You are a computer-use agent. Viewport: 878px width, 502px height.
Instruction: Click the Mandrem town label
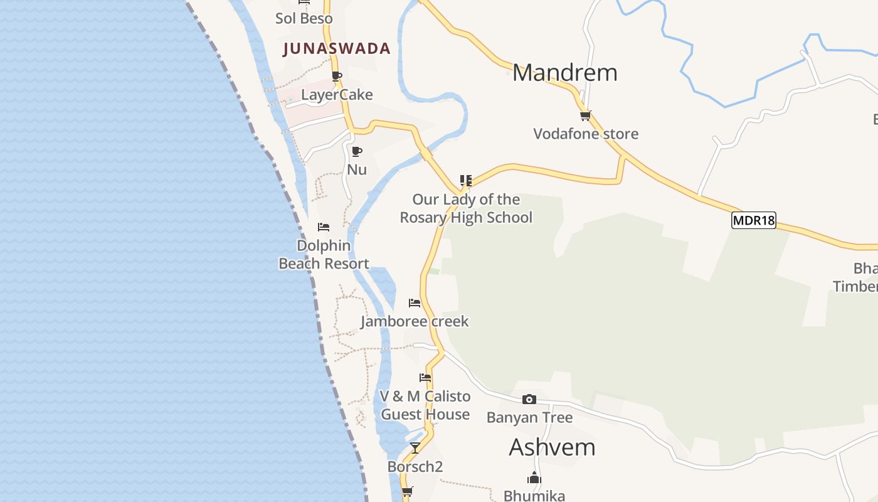pyautogui.click(x=564, y=73)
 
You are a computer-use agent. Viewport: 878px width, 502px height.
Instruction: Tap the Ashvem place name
pyautogui.click(x=552, y=447)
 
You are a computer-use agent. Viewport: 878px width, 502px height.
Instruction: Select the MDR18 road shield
pyautogui.click(x=754, y=220)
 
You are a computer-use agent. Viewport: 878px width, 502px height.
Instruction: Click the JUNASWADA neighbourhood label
pyautogui.click(x=337, y=48)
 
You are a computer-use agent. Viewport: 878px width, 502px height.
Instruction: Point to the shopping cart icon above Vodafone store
pyautogui.click(x=585, y=115)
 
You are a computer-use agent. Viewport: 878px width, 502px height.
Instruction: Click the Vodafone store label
pyautogui.click(x=586, y=134)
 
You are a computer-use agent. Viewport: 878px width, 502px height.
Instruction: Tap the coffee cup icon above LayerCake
pyautogui.click(x=337, y=77)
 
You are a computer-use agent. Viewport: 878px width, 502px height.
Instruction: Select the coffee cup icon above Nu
pyautogui.click(x=357, y=151)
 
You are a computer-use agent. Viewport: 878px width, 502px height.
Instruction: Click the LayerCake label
pyautogui.click(x=337, y=95)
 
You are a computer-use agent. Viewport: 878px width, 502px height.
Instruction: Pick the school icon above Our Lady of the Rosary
pyautogui.click(x=465, y=181)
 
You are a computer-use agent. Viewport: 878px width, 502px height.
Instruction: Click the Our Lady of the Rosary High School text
pyautogui.click(x=466, y=208)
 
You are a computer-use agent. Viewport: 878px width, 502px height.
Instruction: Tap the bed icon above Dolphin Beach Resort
pyautogui.click(x=324, y=227)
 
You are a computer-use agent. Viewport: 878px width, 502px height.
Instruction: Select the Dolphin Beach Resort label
pyautogui.click(x=324, y=254)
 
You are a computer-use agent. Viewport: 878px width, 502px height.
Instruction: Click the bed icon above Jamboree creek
pyautogui.click(x=415, y=303)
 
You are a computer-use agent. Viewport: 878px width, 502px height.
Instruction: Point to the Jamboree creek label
pyautogui.click(x=415, y=321)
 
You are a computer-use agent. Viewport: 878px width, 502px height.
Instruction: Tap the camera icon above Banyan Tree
pyautogui.click(x=529, y=399)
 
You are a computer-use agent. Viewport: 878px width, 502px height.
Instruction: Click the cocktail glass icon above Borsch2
pyautogui.click(x=415, y=447)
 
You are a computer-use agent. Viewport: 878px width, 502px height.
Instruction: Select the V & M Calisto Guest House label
pyautogui.click(x=425, y=405)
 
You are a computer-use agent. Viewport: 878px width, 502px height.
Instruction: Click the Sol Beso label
pyautogui.click(x=304, y=18)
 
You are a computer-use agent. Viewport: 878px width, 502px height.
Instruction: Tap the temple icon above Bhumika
pyautogui.click(x=534, y=478)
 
